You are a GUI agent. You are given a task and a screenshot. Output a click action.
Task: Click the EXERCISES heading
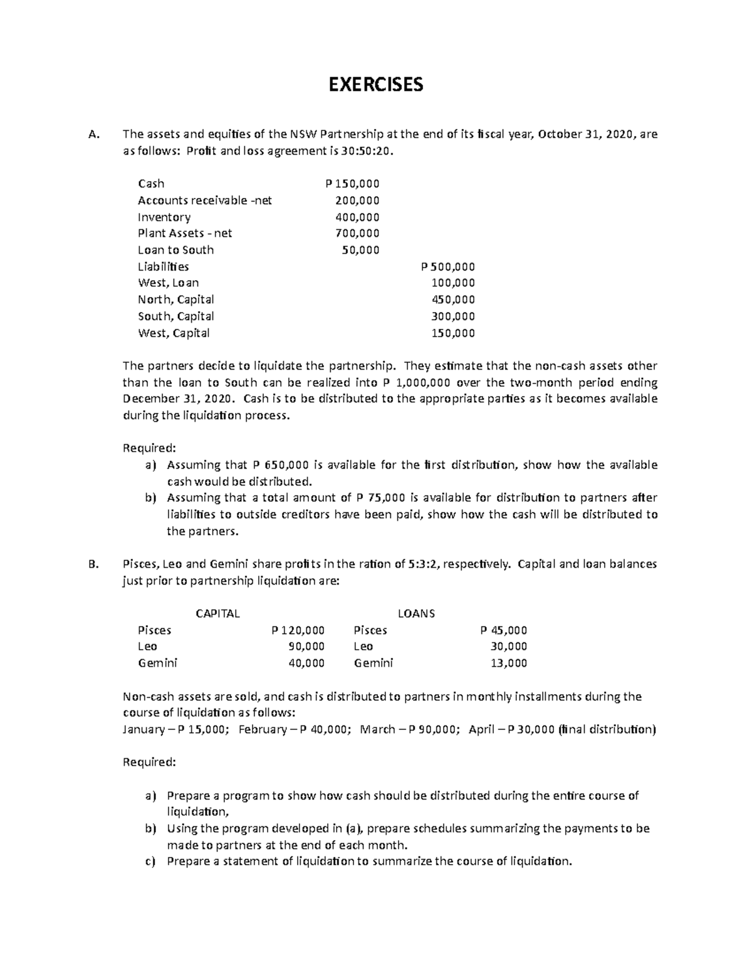[x=376, y=84]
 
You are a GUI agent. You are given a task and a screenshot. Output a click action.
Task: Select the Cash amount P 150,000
[x=352, y=184]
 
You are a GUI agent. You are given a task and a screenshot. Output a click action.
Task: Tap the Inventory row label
[x=164, y=217]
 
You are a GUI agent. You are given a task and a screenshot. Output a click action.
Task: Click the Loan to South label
[x=175, y=250]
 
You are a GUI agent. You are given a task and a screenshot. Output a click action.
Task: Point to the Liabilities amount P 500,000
[x=448, y=266]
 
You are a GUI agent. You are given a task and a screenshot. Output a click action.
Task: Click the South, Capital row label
[x=175, y=316]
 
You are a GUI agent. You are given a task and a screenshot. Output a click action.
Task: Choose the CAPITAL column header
[x=217, y=613]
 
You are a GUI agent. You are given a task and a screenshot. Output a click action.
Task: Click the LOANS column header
[x=416, y=613]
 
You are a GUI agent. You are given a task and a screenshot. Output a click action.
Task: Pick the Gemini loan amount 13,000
[x=508, y=663]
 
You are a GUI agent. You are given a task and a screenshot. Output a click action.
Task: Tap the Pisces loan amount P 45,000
[x=503, y=630]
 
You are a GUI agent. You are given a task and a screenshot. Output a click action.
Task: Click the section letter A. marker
[x=95, y=134]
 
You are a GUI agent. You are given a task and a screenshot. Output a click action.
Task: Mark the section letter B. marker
[x=95, y=564]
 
